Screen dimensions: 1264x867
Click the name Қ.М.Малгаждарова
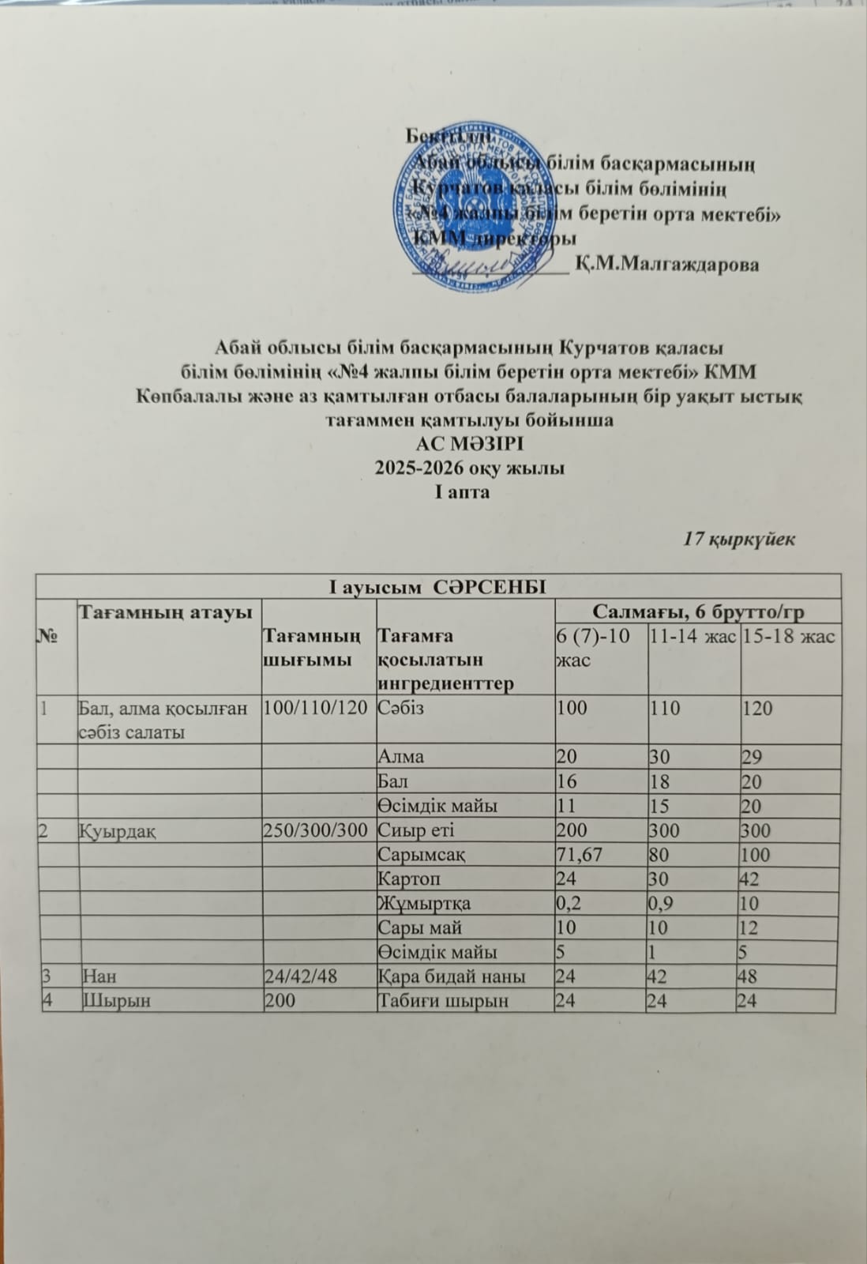667,264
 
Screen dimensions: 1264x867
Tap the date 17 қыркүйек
738,540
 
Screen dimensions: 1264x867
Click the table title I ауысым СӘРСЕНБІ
437,586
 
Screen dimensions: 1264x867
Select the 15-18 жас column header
788,636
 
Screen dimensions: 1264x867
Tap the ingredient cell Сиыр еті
416,830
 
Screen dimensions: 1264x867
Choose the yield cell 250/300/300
315,830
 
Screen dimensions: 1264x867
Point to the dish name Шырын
107,1001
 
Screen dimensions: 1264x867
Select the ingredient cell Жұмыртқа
425,903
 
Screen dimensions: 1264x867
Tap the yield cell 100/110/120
315,707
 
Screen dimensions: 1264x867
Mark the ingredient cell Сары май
420,927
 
